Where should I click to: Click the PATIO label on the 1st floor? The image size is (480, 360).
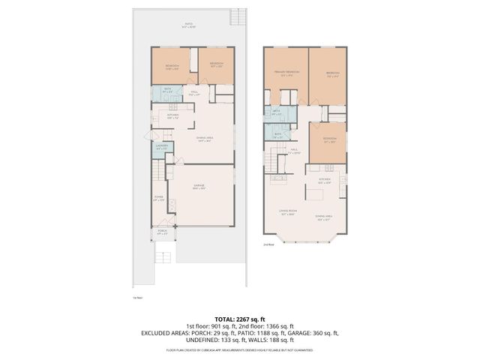[190, 25]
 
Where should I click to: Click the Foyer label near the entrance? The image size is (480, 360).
[158, 199]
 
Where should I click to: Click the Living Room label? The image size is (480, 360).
[285, 212]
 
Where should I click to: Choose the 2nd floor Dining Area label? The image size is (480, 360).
[324, 218]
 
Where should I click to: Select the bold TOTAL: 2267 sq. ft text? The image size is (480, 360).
[240, 318]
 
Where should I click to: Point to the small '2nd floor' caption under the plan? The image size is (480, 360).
[268, 244]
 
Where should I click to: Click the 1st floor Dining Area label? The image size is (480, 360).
[207, 139]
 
